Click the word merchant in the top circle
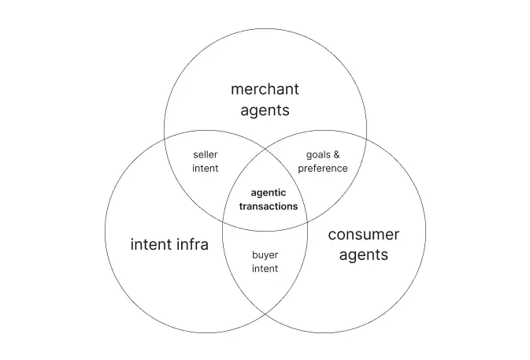click(x=265, y=89)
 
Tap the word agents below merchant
click(x=265, y=110)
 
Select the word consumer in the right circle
click(x=363, y=235)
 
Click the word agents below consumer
click(x=363, y=255)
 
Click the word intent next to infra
click(x=149, y=244)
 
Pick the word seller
click(x=206, y=154)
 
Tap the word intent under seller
click(x=206, y=169)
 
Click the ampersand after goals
click(x=336, y=154)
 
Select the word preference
click(x=323, y=169)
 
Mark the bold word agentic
click(x=269, y=192)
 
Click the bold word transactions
click(x=269, y=206)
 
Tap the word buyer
click(x=265, y=254)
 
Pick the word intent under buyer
click(x=265, y=269)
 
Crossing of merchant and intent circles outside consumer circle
click(x=165, y=140)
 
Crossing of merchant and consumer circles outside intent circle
click(x=365, y=140)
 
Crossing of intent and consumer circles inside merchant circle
click(x=265, y=149)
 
